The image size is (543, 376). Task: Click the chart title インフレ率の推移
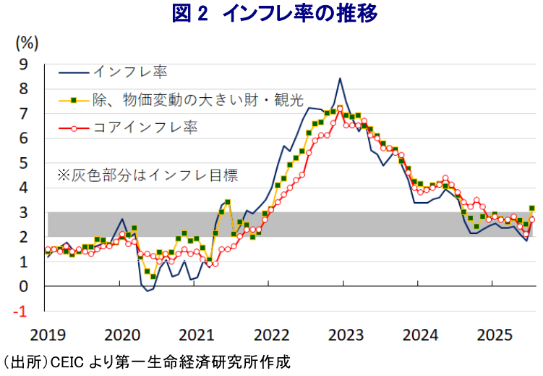pos(299,14)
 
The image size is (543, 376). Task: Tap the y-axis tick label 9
pos(23,64)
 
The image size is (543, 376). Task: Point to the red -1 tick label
pos(20,312)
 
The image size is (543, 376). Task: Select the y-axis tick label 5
pos(23,163)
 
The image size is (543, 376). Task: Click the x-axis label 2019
pos(48,335)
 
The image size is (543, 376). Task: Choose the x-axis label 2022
pos(271,335)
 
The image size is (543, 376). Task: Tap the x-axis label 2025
pos(495,335)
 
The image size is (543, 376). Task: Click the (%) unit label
pos(27,43)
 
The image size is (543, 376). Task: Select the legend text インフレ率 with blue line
pos(131,72)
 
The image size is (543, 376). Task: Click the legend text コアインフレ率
pos(145,128)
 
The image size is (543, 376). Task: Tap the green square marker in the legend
pos(74,101)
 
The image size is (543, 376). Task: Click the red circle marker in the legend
pos(74,129)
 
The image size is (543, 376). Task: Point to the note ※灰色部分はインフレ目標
pos(148,175)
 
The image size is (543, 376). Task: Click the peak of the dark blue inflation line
pos(340,78)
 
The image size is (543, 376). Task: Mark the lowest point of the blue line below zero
pos(147,291)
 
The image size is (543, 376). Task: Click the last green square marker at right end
pos(532,208)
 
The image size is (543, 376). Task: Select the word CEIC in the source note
pos(67,363)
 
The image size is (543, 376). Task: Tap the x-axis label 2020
pos(122,335)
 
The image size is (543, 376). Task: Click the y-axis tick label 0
pos(23,286)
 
